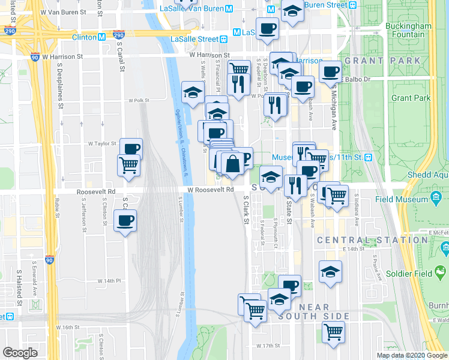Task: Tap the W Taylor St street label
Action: coord(102,144)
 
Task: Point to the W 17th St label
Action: coord(268,346)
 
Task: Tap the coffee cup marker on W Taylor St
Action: coord(130,148)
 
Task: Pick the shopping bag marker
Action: coord(232,163)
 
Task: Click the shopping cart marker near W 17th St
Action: coord(333,331)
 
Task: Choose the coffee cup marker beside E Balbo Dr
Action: coord(330,72)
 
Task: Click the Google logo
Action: coord(20,353)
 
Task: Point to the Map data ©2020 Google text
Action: coord(411,355)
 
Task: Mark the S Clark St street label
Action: coord(246,209)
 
